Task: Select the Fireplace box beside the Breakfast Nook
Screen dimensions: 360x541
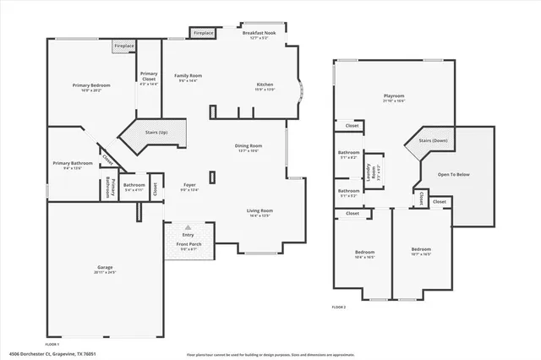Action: click(203, 33)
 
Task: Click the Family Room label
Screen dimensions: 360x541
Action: click(188, 78)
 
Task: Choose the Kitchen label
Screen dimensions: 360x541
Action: click(265, 86)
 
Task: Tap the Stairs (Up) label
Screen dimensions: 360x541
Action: click(156, 133)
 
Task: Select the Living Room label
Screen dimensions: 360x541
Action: click(260, 212)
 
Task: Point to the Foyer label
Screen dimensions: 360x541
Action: click(189, 187)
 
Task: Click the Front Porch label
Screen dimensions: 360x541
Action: click(189, 246)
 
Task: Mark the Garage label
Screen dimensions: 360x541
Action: click(105, 270)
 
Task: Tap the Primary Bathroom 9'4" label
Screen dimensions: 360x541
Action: click(72, 165)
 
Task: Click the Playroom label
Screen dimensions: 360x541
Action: click(394, 98)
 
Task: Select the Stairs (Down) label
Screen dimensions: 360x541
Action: click(434, 141)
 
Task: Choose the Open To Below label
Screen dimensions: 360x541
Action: click(454, 176)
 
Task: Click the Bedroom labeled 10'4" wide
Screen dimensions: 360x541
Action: click(364, 254)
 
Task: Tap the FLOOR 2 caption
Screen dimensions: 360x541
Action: click(338, 307)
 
